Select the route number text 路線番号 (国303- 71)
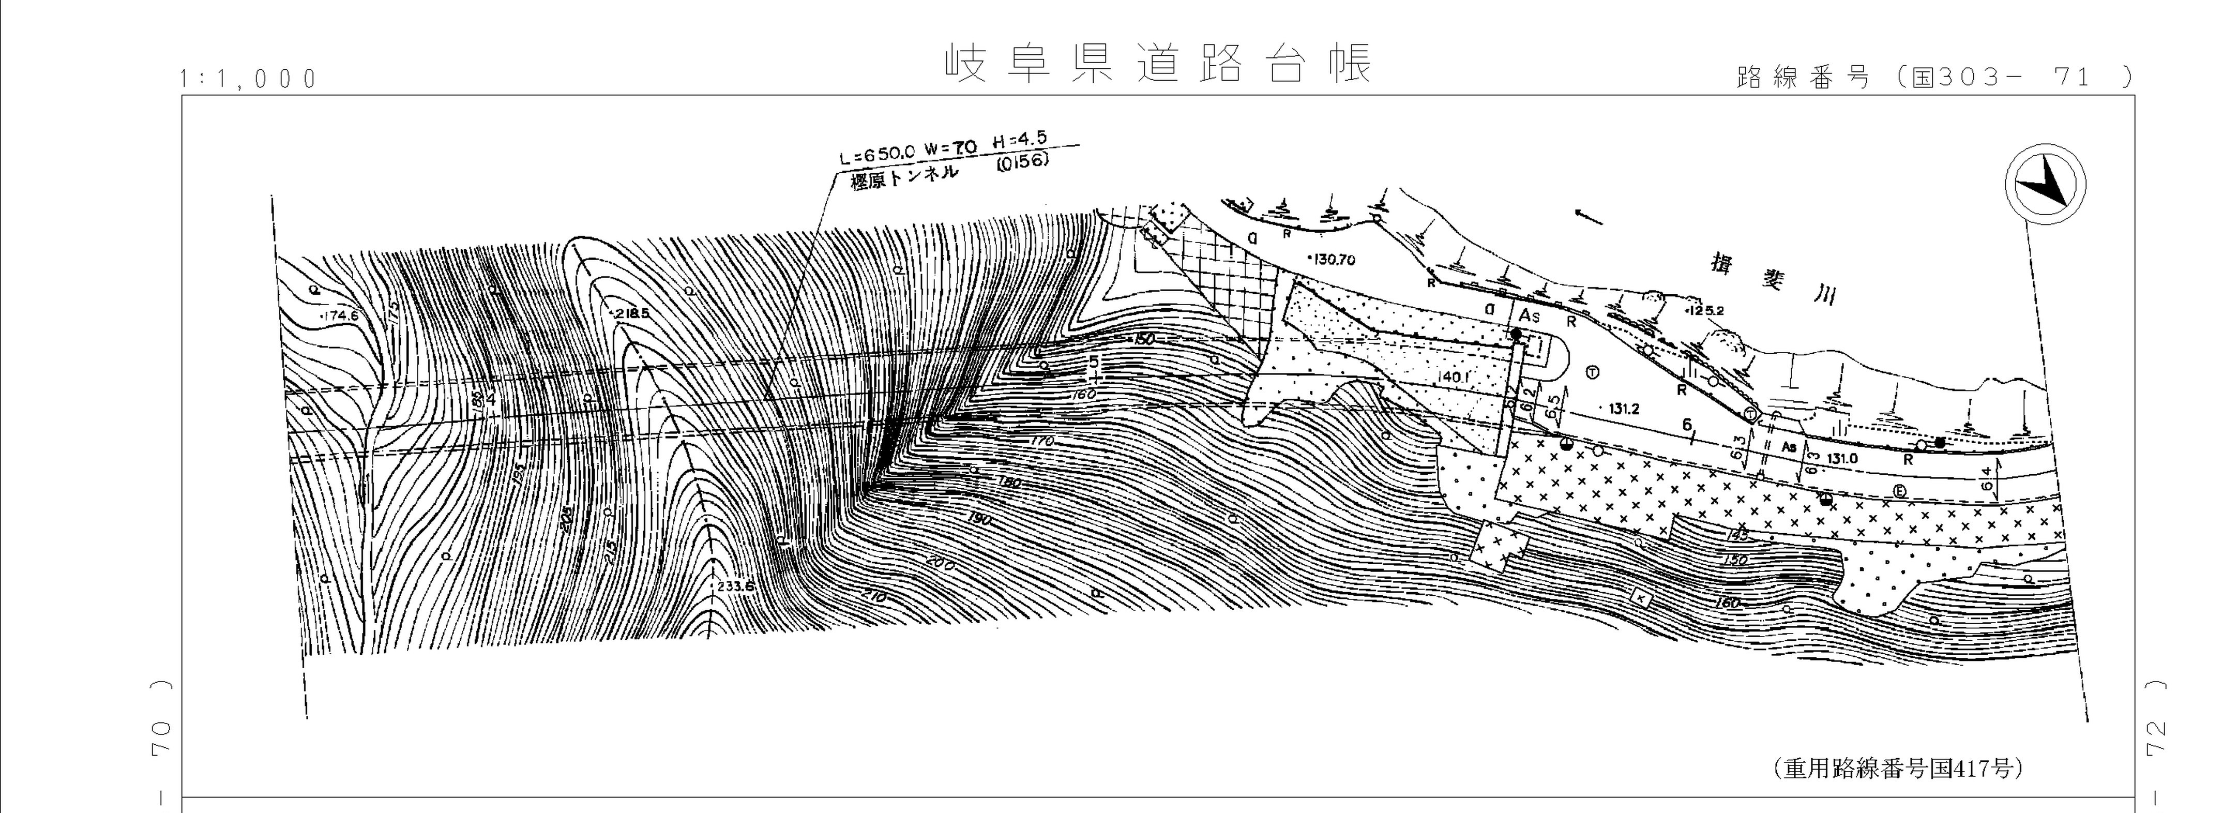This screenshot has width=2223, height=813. pos(1933,78)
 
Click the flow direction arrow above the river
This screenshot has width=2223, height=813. pos(1588,216)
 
